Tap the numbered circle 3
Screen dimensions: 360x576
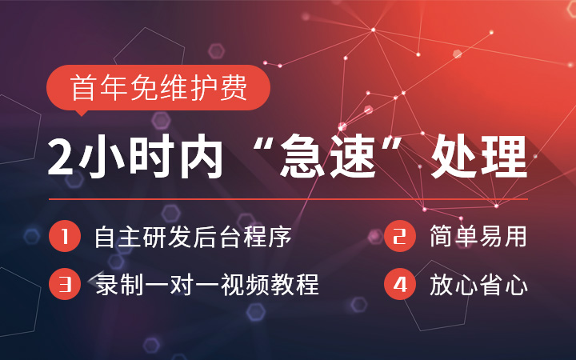[x=63, y=284]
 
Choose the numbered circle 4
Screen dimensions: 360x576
[x=398, y=284]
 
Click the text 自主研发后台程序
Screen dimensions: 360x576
[x=191, y=238]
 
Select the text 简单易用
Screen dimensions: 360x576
[x=478, y=238]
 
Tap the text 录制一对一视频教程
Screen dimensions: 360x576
[x=206, y=285]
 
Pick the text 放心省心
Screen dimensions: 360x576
[x=478, y=285]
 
